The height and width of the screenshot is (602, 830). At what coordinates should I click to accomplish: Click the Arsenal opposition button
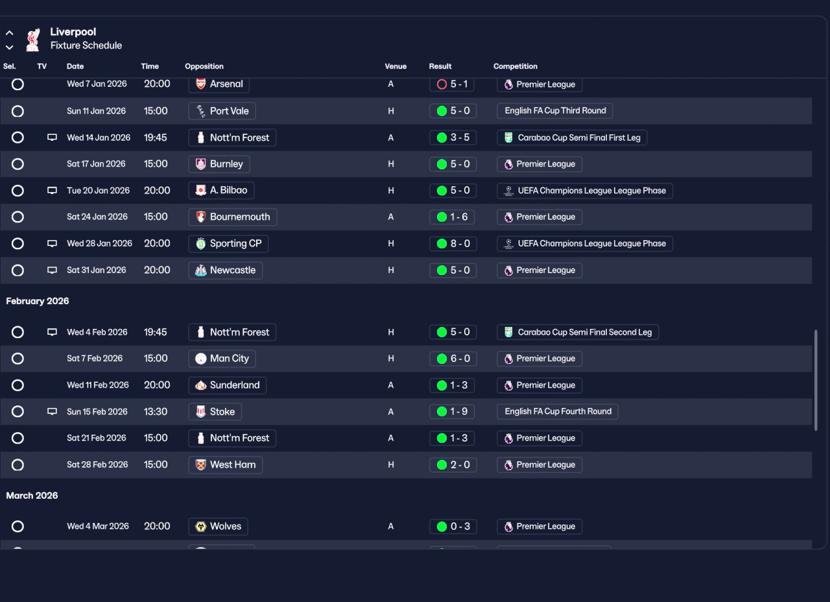coord(219,84)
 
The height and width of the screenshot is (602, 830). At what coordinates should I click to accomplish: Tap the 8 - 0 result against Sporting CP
coord(453,244)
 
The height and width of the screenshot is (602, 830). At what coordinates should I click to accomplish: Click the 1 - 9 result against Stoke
coord(453,412)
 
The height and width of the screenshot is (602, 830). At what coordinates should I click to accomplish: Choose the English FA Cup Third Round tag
coord(555,111)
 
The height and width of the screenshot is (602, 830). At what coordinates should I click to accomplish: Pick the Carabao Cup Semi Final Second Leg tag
coord(578,332)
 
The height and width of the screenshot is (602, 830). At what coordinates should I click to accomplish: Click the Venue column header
coord(396,66)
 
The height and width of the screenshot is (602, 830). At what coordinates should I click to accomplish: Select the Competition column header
coord(515,66)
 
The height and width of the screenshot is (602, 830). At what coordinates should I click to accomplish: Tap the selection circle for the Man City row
coord(18,359)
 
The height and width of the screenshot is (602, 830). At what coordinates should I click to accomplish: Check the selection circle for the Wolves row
coord(18,527)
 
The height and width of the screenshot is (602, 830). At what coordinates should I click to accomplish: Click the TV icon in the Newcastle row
coord(52,271)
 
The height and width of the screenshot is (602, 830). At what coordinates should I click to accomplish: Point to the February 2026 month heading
coord(38,301)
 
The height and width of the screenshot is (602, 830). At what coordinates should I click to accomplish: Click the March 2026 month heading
coord(32,496)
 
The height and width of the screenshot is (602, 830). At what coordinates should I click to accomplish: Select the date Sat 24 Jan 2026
coord(96,217)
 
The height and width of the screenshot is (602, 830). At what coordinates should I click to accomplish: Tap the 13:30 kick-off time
coord(156,412)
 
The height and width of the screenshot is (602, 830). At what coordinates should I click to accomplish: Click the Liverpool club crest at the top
coord(32,39)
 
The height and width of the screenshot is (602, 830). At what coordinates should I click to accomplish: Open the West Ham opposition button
coord(225,465)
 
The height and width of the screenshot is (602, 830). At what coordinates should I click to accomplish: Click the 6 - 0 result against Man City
coord(453,359)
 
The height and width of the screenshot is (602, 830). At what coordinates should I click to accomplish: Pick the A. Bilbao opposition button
coord(221,191)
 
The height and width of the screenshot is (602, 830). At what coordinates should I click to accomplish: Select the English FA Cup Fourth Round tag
coord(558,412)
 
